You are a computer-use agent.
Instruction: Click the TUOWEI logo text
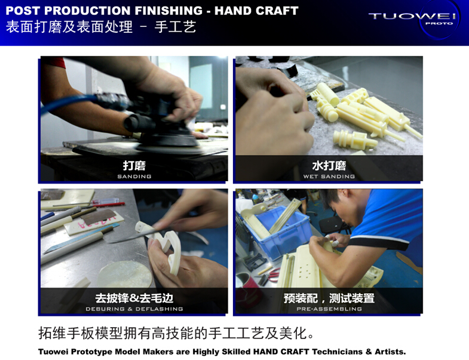[412, 16]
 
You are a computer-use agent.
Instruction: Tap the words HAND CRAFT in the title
[256, 11]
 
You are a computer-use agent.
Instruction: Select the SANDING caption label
[134, 176]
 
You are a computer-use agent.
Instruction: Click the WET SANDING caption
[329, 176]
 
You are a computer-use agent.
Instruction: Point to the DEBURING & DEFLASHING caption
[134, 309]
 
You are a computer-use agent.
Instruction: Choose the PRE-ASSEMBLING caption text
[329, 309]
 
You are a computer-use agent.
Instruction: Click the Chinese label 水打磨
[329, 165]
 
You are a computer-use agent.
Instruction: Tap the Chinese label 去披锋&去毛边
[134, 298]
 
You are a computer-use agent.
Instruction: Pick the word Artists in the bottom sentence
[390, 351]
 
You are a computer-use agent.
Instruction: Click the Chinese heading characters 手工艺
[175, 27]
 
